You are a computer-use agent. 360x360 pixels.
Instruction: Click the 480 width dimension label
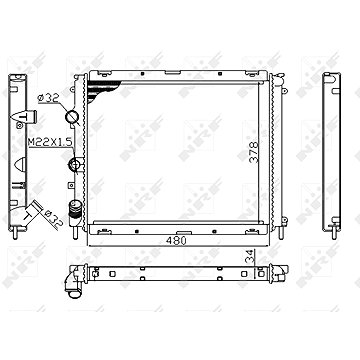pyautogui.click(x=175, y=240)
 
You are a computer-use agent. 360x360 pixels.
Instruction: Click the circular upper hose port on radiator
pyautogui.click(x=73, y=119)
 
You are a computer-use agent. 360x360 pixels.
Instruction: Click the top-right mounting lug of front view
pyautogui.click(x=276, y=74)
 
